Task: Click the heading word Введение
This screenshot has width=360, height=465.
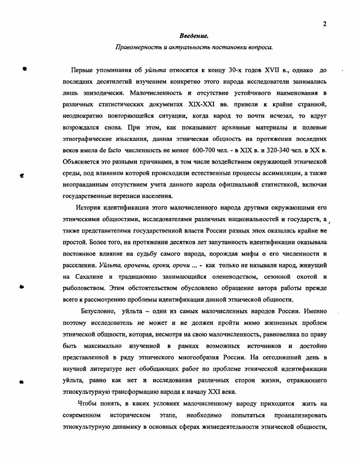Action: click(x=193, y=35)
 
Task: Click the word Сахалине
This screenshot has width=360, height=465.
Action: click(x=89, y=276)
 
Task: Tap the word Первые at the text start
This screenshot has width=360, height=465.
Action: click(x=82, y=70)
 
